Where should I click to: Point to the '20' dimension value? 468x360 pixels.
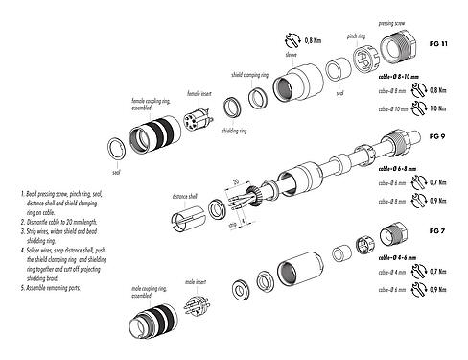pos(232,181)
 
